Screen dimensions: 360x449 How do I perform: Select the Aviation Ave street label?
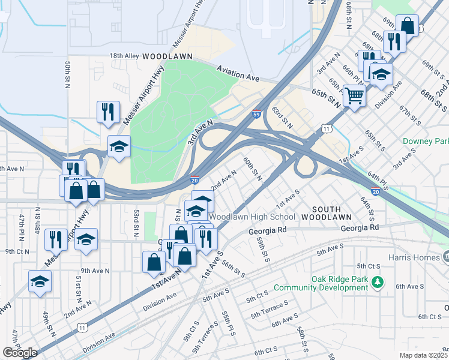pyautogui.click(x=238, y=74)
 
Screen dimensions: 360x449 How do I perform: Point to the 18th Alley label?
pyautogui.click(x=124, y=56)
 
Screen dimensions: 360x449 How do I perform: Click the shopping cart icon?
pyautogui.click(x=354, y=95)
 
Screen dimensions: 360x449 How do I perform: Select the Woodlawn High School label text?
pyautogui.click(x=252, y=217)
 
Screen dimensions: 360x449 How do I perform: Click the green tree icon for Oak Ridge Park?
pyautogui.click(x=377, y=281)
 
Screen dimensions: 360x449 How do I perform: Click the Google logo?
pyautogui.click(x=20, y=353)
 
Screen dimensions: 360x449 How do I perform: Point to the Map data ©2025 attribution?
pyautogui.click(x=423, y=355)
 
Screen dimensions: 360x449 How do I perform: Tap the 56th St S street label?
pyautogui.click(x=233, y=268)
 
